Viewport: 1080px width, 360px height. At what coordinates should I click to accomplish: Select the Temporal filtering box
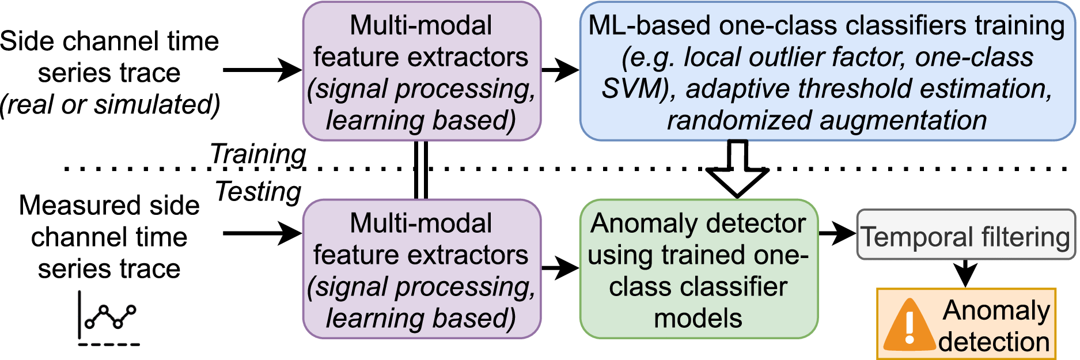click(x=965, y=235)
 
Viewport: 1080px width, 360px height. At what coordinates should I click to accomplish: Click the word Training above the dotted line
click(x=257, y=154)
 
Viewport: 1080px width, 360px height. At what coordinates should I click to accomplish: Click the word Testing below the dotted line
click(x=258, y=191)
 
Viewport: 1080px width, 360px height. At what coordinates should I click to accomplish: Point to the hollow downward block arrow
click(x=737, y=170)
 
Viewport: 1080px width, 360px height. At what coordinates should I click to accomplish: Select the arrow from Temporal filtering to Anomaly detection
click(x=965, y=273)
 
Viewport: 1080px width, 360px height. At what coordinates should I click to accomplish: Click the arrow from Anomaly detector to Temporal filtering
click(x=836, y=233)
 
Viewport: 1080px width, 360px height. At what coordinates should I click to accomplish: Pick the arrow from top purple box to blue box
click(x=559, y=70)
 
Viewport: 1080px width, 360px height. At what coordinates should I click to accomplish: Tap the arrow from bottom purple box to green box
click(x=559, y=267)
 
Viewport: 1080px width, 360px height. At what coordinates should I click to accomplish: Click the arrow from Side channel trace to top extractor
click(x=262, y=70)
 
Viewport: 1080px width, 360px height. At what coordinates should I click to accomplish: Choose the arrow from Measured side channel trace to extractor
click(x=262, y=233)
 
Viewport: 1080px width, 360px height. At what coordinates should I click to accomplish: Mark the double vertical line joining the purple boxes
click(x=421, y=170)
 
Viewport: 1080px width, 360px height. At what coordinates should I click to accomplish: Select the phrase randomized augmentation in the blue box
click(x=827, y=121)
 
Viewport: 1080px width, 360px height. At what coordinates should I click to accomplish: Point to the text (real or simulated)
click(x=109, y=105)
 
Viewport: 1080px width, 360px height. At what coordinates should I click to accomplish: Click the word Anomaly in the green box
click(x=633, y=223)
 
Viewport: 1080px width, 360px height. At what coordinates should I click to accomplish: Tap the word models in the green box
click(x=698, y=319)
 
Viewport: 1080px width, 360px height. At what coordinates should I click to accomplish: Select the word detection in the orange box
click(x=994, y=342)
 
